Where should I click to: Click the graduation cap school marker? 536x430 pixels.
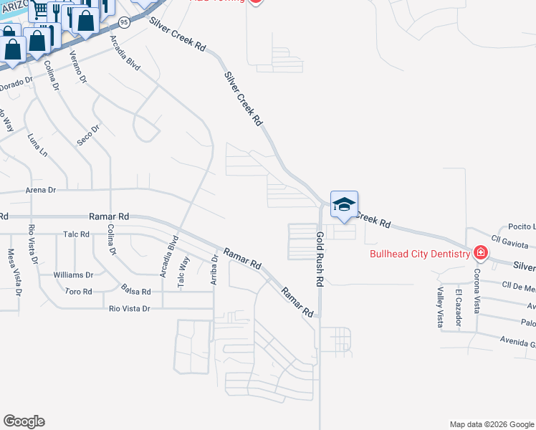tap(344, 204)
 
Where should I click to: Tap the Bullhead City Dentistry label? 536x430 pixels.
tap(419, 253)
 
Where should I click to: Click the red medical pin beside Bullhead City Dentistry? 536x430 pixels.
tap(479, 253)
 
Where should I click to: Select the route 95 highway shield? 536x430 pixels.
tap(125, 23)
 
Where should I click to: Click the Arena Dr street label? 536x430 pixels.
tap(40, 190)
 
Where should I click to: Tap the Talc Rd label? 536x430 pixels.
tap(75, 234)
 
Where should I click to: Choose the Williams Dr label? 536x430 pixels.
tap(74, 274)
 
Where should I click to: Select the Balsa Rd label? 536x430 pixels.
tap(136, 292)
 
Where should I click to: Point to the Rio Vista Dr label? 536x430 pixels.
tap(129, 308)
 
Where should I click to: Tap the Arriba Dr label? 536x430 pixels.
tap(214, 270)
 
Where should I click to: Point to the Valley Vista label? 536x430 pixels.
tap(441, 307)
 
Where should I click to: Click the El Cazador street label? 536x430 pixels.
tap(458, 308)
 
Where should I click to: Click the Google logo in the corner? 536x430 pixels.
tap(24, 421)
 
